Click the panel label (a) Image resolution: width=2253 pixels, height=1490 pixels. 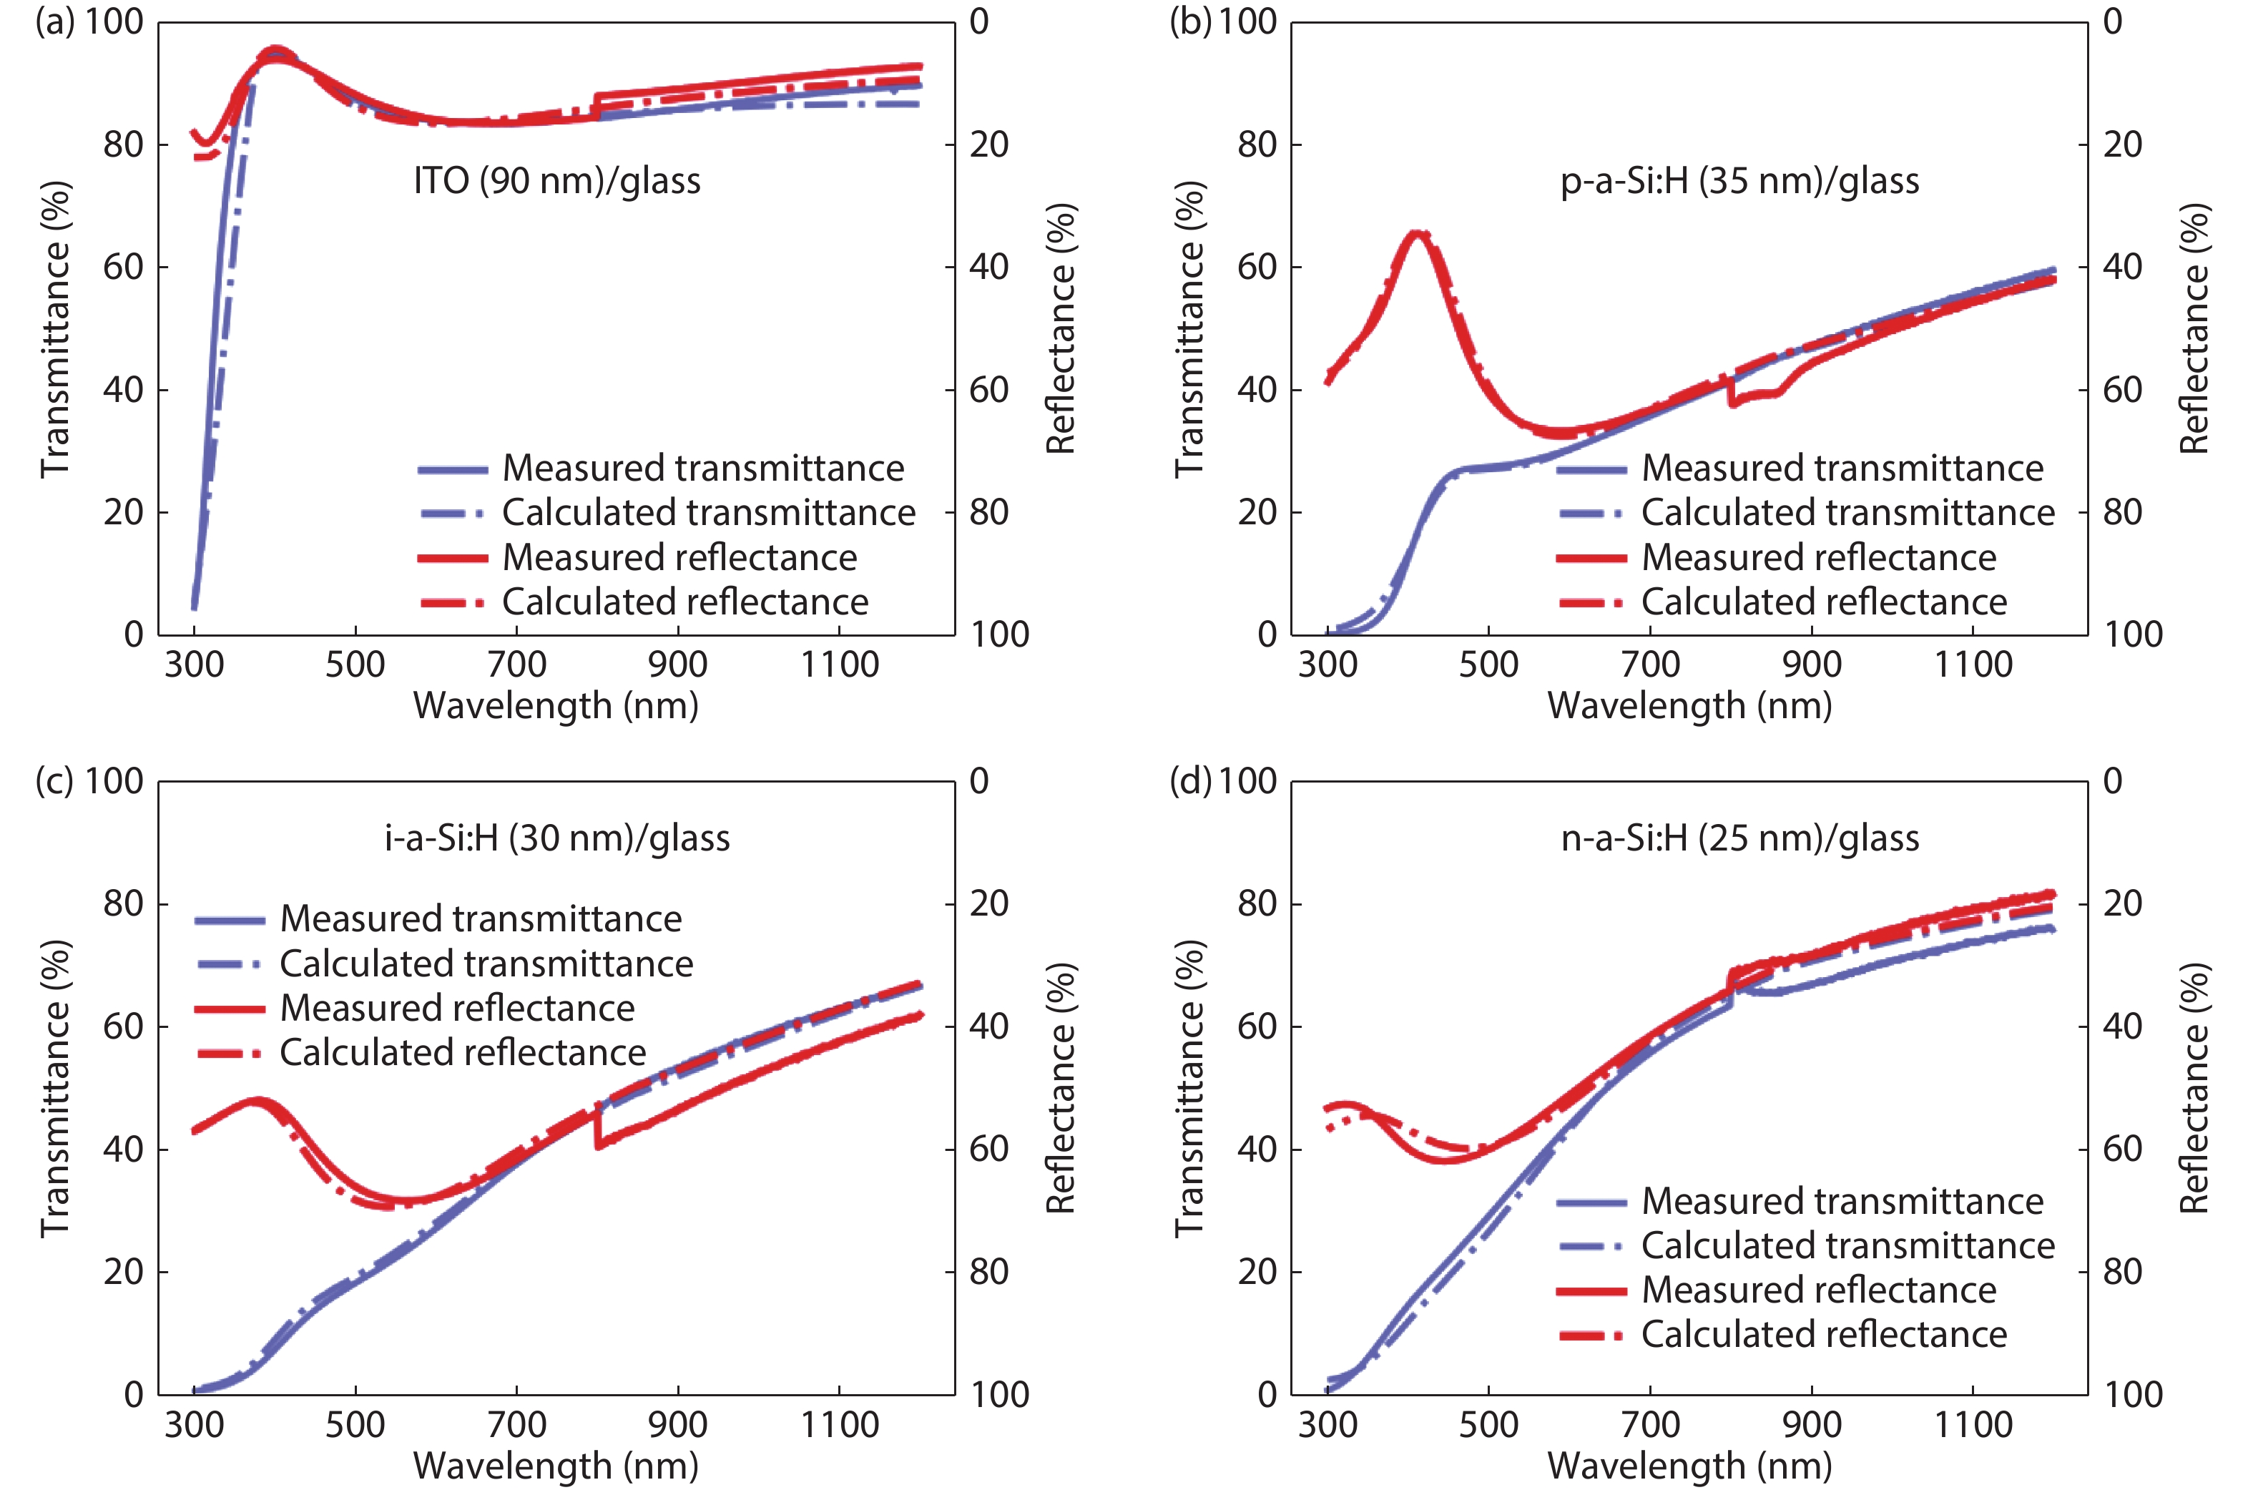[54, 21]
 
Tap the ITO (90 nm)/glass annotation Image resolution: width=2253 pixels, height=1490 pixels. [557, 180]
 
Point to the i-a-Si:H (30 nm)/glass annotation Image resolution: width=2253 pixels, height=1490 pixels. [557, 838]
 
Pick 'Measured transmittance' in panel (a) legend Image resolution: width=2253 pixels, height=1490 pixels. [703, 469]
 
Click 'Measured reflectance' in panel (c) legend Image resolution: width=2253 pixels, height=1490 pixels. [457, 1008]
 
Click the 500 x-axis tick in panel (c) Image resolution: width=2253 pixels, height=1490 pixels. [355, 1424]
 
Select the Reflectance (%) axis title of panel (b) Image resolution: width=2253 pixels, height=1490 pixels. [2194, 328]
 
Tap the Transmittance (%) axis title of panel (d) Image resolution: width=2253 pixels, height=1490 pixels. [1189, 1088]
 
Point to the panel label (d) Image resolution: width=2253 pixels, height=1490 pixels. [1189, 781]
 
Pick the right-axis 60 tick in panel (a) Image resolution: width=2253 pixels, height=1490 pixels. [988, 390]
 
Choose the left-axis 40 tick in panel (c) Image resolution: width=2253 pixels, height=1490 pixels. [124, 1149]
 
